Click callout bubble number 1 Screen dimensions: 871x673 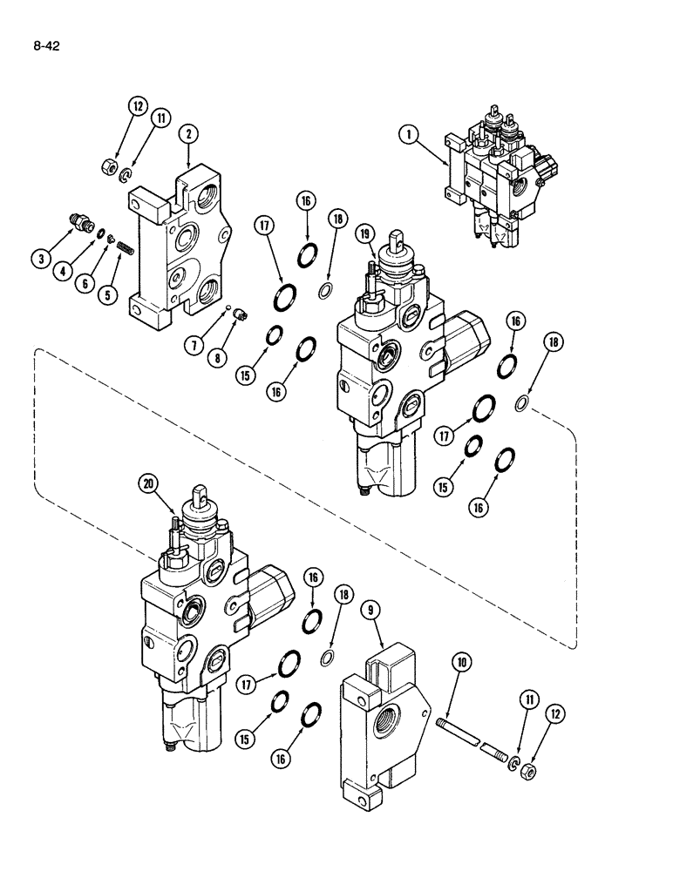406,134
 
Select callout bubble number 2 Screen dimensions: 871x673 188,133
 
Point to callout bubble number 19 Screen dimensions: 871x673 365,233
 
